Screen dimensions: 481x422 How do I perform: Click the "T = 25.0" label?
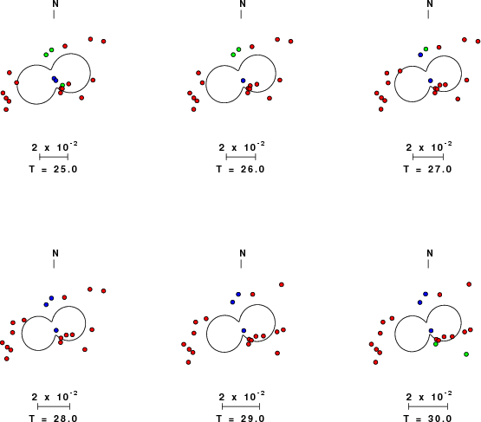pyautogui.click(x=54, y=169)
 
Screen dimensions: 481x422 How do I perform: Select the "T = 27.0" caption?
pyautogui.click(x=427, y=169)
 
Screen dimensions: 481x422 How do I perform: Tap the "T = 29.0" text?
pyautogui.click(x=241, y=418)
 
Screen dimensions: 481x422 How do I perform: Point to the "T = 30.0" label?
pyautogui.click(x=427, y=418)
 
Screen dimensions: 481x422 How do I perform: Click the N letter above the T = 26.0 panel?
pyautogui.click(x=243, y=3)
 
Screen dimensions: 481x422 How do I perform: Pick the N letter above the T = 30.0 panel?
pyautogui.click(x=430, y=253)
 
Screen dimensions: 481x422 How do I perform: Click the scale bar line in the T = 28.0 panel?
pyautogui.click(x=54, y=406)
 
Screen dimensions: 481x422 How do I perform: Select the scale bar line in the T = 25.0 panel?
pyautogui.click(x=54, y=157)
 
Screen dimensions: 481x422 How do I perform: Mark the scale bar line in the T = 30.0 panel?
pyautogui.click(x=428, y=406)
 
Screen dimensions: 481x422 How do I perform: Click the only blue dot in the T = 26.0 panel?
pyautogui.click(x=244, y=81)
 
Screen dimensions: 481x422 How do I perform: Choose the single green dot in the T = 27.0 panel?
pyautogui.click(x=426, y=49)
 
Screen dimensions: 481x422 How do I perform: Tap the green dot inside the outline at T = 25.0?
pyautogui.click(x=62, y=85)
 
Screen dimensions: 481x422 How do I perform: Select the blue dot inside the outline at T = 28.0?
pyautogui.click(x=56, y=330)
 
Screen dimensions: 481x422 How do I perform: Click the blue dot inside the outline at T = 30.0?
pyautogui.click(x=431, y=331)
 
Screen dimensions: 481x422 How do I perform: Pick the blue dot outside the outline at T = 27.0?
pyautogui.click(x=420, y=55)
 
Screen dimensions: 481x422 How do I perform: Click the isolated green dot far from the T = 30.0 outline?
pyautogui.click(x=466, y=354)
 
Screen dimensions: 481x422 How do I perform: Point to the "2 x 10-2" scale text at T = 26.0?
pyautogui.click(x=242, y=146)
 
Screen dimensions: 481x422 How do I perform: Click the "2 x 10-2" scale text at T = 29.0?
pyautogui.click(x=242, y=396)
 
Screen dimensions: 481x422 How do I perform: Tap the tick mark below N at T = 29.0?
pyautogui.click(x=241, y=263)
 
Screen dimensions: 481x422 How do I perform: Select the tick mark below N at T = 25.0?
pyautogui.click(x=54, y=14)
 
